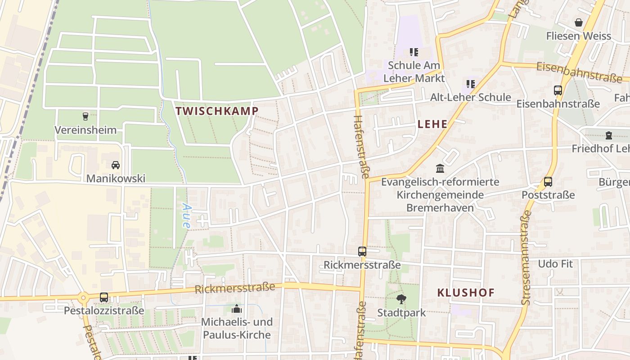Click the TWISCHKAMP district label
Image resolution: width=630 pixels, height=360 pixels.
pyautogui.click(x=217, y=111)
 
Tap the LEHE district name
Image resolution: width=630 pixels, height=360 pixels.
pyautogui.click(x=432, y=124)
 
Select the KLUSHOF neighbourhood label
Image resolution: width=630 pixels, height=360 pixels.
pyautogui.click(x=466, y=292)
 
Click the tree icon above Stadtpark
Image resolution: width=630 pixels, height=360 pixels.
pyautogui.click(x=401, y=299)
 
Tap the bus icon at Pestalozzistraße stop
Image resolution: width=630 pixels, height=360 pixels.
pyautogui.click(x=104, y=297)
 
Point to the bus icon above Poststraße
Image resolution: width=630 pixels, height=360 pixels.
pyautogui.click(x=548, y=182)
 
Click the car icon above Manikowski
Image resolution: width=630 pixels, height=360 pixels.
pyautogui.click(x=116, y=165)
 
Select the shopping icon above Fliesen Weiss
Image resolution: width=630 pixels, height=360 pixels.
pyautogui.click(x=578, y=22)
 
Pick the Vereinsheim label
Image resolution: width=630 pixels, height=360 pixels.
pyautogui.click(x=85, y=130)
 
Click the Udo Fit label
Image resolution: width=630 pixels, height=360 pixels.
pyautogui.click(x=555, y=264)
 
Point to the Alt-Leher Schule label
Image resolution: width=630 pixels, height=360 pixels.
pyautogui.click(x=470, y=97)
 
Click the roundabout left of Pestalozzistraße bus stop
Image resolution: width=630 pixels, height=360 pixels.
pyautogui.click(x=83, y=297)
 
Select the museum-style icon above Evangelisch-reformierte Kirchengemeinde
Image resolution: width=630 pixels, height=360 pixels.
pyautogui.click(x=440, y=169)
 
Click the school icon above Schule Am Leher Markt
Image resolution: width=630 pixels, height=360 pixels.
pyautogui.click(x=414, y=52)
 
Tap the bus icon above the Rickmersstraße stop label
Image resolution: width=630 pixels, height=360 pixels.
pyautogui.click(x=362, y=252)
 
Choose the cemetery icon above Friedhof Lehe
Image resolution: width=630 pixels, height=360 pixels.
pyautogui.click(x=608, y=135)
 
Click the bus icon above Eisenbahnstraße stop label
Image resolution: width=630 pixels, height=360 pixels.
pyautogui.click(x=558, y=90)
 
